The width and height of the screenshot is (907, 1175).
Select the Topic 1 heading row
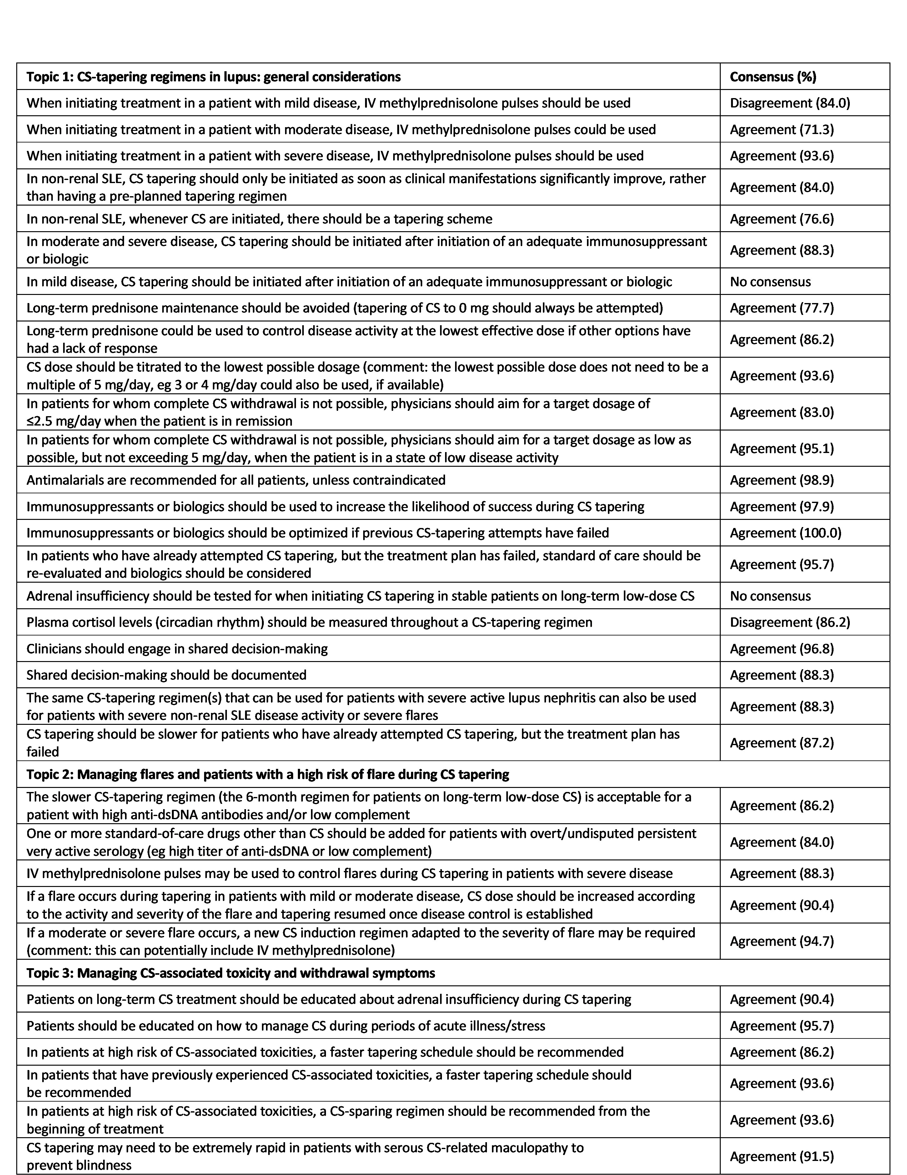coord(214,77)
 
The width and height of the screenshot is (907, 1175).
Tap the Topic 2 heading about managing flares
coord(268,774)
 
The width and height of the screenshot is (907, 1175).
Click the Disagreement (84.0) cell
coord(790,103)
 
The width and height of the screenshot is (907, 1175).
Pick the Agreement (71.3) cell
coord(782,129)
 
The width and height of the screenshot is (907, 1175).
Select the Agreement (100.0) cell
coord(785,533)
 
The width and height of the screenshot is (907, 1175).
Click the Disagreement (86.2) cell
coord(790,622)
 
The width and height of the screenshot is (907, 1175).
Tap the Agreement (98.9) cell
coord(782,480)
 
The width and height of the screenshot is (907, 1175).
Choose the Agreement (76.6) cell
coord(782,219)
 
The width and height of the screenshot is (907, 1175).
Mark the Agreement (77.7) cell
coord(782,308)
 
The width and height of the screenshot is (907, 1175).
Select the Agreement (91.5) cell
coord(782,1156)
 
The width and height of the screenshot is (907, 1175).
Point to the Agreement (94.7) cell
coord(782,941)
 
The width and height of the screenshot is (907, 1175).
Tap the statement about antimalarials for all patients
coord(236,480)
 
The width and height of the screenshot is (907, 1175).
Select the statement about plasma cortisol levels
coord(309,622)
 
